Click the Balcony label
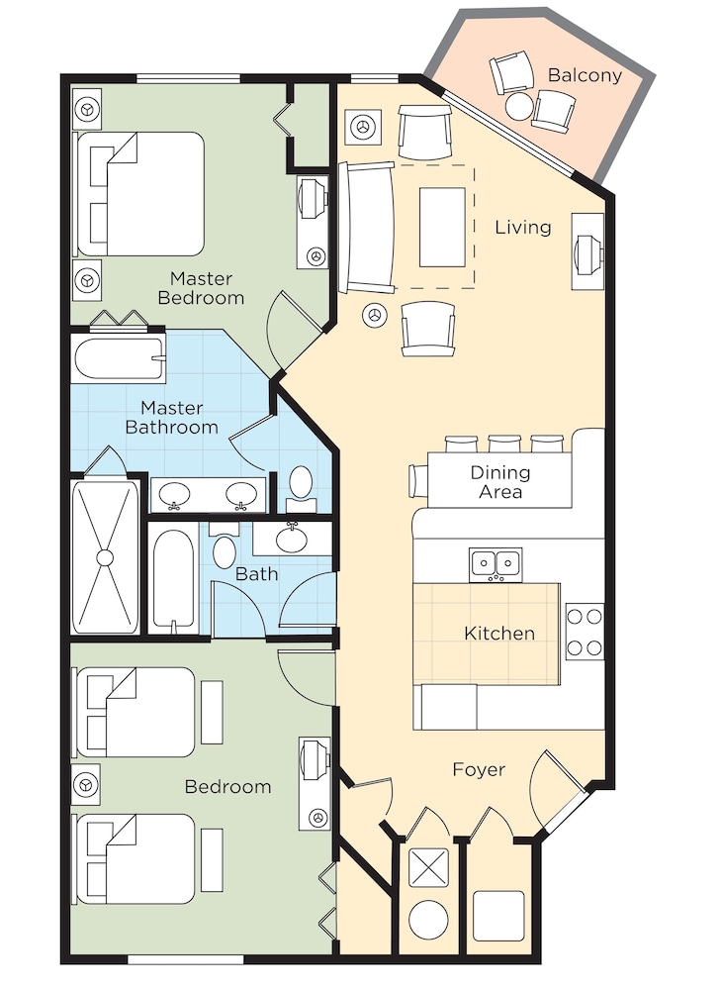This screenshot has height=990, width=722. coord(585,75)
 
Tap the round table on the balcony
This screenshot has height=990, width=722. coord(519,106)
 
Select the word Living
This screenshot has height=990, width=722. coord(523,227)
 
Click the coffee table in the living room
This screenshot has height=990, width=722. coord(442,228)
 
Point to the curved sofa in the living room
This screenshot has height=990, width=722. coord(367,228)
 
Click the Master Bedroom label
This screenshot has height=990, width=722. coord(201,288)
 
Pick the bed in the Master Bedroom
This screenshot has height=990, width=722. coord(140,194)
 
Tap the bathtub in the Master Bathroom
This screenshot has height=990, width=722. coord(119,359)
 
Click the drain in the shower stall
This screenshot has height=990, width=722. coord(105,557)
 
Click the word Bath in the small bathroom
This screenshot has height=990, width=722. coord(256,574)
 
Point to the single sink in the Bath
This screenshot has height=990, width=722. coord(292,539)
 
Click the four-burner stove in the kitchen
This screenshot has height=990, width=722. coord(585,632)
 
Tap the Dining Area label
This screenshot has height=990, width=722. coord(500,482)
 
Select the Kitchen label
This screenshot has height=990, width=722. coord(499,634)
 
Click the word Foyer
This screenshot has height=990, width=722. coord(480,769)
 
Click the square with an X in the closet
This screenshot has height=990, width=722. coord(429,867)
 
